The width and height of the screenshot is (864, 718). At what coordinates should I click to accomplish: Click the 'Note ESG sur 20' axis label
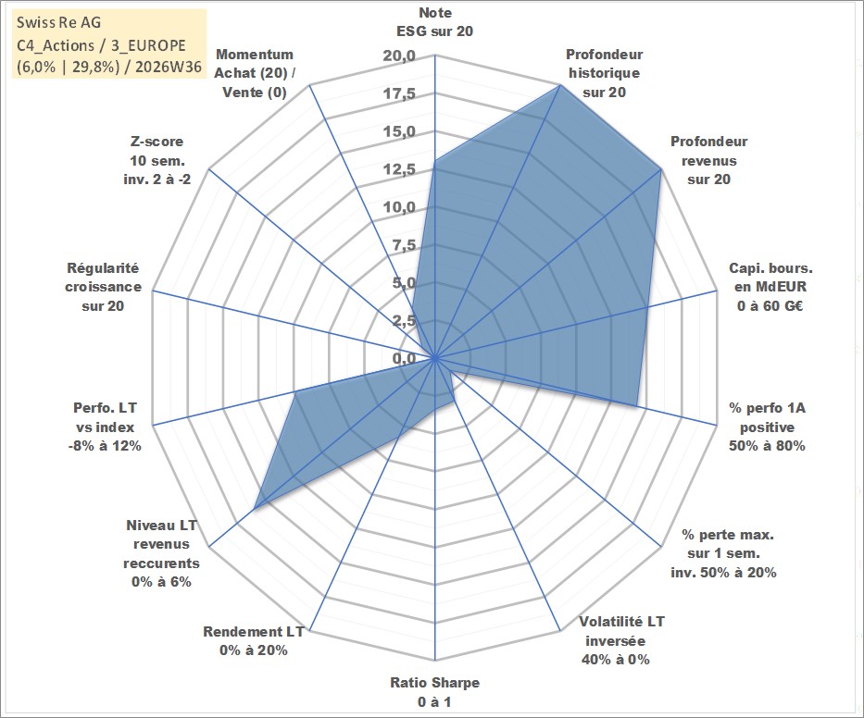[434, 22]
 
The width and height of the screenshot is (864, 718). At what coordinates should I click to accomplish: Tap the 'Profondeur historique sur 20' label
[604, 73]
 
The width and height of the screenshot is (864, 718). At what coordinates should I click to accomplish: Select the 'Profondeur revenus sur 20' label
[708, 160]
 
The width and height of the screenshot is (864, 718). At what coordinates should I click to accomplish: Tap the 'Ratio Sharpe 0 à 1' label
[434, 692]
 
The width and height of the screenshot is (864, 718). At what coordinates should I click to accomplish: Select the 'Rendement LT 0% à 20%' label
[254, 641]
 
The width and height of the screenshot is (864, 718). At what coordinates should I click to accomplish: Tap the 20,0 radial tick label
[399, 56]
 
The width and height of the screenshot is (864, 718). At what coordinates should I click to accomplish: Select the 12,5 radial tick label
[399, 169]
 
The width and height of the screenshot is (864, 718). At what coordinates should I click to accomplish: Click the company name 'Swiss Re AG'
[59, 22]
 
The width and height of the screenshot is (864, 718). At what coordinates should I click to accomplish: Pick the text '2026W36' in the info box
[169, 67]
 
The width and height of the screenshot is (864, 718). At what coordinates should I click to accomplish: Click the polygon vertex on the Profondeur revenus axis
[660, 170]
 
